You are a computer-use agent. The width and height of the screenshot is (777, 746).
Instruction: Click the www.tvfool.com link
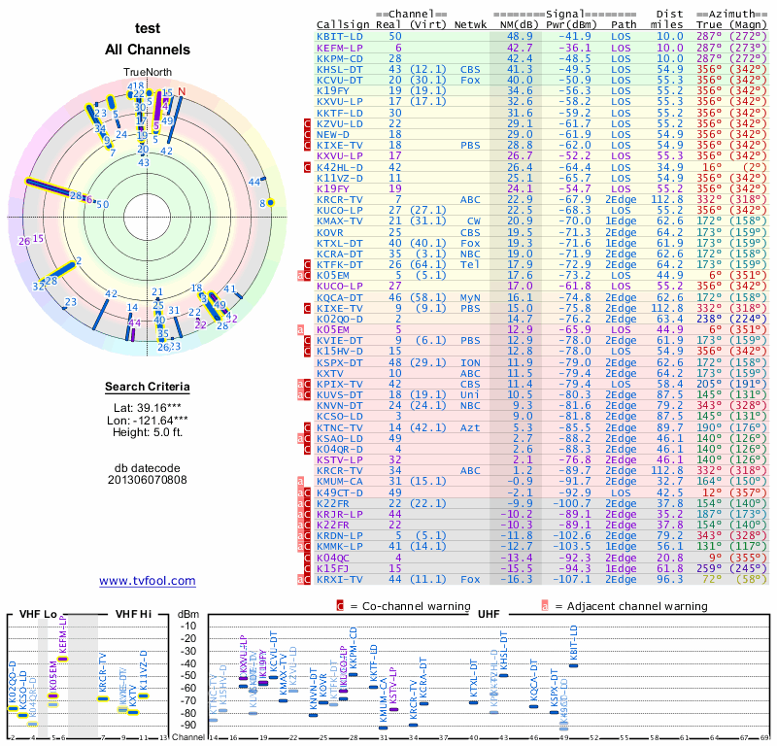148,581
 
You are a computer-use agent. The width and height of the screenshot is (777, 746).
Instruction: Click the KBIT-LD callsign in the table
340,36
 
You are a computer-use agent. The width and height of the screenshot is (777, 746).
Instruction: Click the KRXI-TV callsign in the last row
340,579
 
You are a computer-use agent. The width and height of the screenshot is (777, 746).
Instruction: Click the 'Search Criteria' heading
148,388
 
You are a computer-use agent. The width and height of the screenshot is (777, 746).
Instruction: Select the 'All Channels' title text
148,50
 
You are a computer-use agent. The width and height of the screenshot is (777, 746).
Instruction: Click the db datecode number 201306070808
148,479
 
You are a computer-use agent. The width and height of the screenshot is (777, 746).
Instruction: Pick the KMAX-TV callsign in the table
340,221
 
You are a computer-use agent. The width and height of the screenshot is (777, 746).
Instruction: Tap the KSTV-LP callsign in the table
340,459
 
